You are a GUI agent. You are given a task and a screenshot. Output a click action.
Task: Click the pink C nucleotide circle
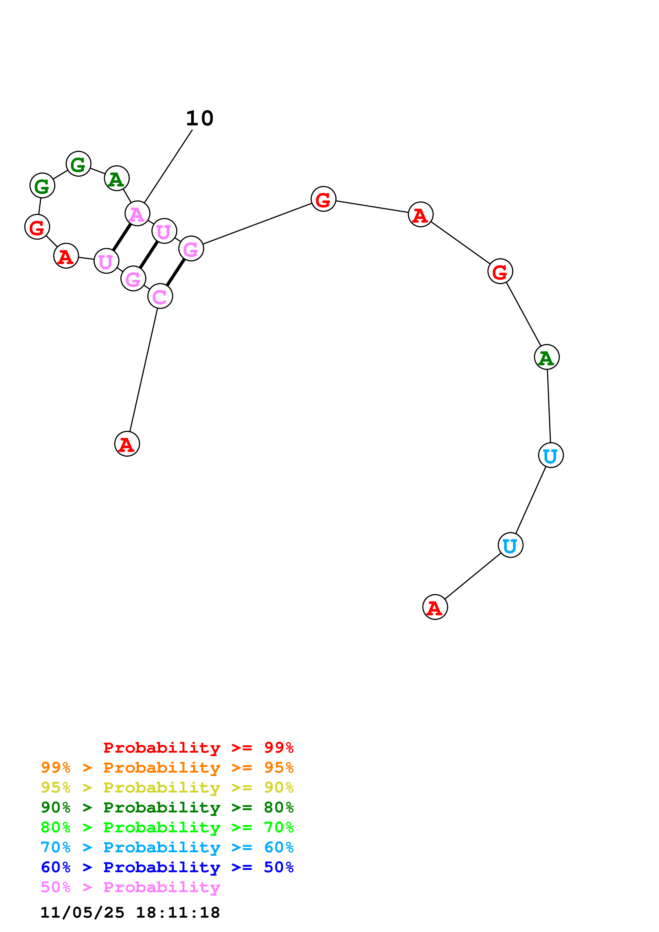[x=160, y=296]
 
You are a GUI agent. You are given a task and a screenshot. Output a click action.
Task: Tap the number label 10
[x=199, y=118]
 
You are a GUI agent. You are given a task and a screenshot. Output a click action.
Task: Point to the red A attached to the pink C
[x=127, y=444]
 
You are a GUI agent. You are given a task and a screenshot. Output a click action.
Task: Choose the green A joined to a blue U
[x=547, y=357]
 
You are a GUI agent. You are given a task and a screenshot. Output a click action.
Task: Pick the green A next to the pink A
[x=116, y=178]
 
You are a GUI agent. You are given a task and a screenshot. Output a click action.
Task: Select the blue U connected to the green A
[x=551, y=455]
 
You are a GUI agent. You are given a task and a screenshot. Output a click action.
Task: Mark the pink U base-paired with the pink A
[x=106, y=261]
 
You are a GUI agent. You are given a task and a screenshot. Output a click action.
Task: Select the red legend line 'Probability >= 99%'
[x=198, y=747]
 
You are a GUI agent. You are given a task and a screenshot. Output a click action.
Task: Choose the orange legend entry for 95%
[x=167, y=767]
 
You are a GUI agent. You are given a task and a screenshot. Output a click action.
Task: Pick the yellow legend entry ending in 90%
[x=167, y=787]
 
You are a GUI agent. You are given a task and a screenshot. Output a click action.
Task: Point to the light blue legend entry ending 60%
[x=167, y=847]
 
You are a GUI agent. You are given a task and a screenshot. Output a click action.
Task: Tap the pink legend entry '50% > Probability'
[x=130, y=887]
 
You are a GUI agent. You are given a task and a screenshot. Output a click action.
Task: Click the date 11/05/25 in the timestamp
[x=82, y=913]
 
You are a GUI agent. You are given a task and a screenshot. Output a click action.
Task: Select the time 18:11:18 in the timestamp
[x=177, y=913]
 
